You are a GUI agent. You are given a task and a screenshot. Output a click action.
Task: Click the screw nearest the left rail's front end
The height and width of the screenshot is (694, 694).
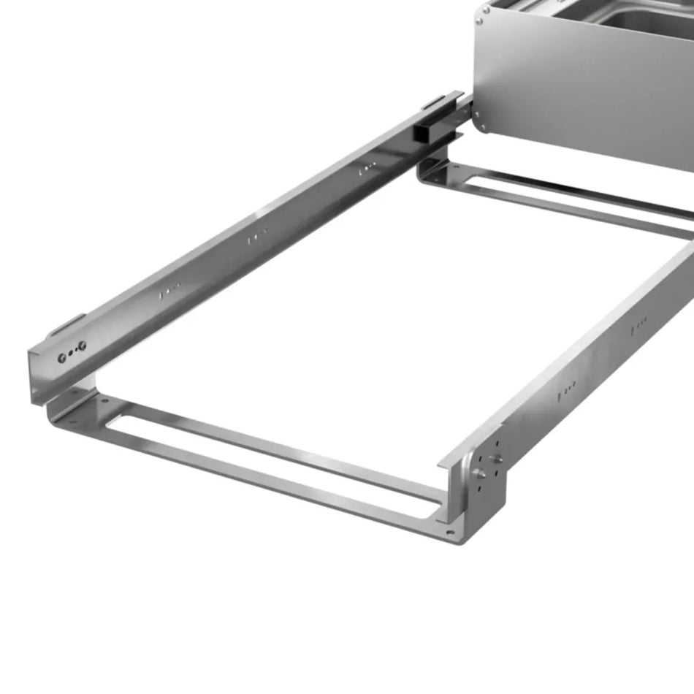point(61,357)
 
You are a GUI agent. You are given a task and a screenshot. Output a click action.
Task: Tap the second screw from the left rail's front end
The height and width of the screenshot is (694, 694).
point(82,345)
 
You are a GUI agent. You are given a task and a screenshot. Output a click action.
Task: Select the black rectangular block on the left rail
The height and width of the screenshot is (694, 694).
point(422,132)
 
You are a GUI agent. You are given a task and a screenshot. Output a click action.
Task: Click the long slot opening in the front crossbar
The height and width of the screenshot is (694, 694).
point(278,461)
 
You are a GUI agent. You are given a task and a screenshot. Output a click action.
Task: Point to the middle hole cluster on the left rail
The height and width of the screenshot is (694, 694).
point(256,237)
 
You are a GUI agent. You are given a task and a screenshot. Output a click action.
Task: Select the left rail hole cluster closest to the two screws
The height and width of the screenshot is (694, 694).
point(167,291)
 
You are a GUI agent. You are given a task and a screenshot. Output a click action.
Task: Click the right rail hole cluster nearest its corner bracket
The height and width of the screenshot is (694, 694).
point(567,385)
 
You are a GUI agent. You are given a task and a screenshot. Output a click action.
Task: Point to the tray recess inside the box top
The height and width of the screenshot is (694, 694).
point(643,18)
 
